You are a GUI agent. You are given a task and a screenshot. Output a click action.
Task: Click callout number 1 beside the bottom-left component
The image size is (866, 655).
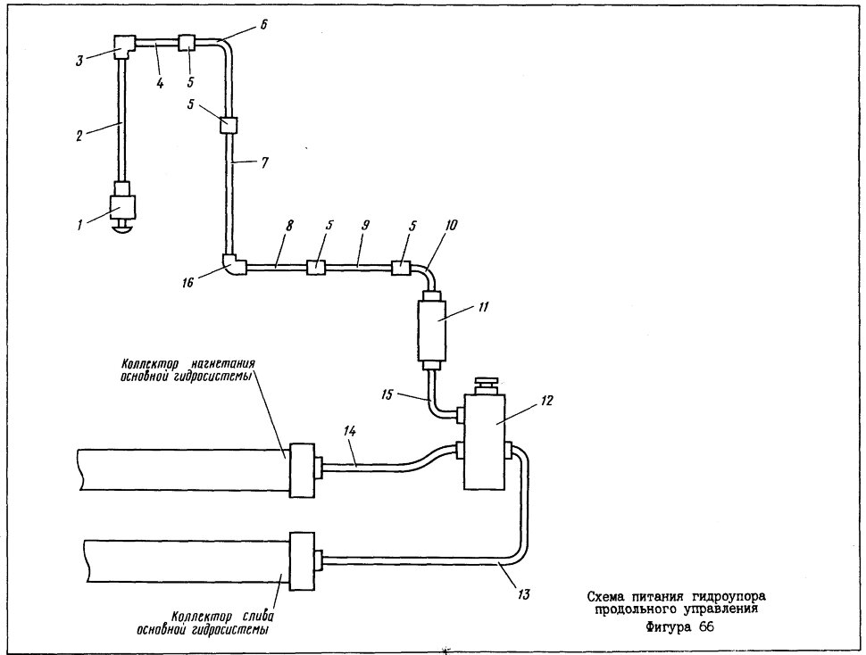pos(80,225)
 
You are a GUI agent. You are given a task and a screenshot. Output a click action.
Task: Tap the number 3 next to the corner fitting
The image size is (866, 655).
pos(79,60)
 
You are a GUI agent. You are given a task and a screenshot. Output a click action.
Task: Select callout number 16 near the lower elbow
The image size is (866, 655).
pos(188,282)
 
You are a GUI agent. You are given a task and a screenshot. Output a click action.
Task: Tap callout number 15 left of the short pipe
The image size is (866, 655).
pos(387,394)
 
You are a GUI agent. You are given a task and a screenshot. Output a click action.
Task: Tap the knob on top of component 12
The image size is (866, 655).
pos(487,384)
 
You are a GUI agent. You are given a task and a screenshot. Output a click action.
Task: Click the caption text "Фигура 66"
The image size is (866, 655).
pos(680,627)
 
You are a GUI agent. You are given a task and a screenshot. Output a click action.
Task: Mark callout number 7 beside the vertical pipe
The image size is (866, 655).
pos(264,162)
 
